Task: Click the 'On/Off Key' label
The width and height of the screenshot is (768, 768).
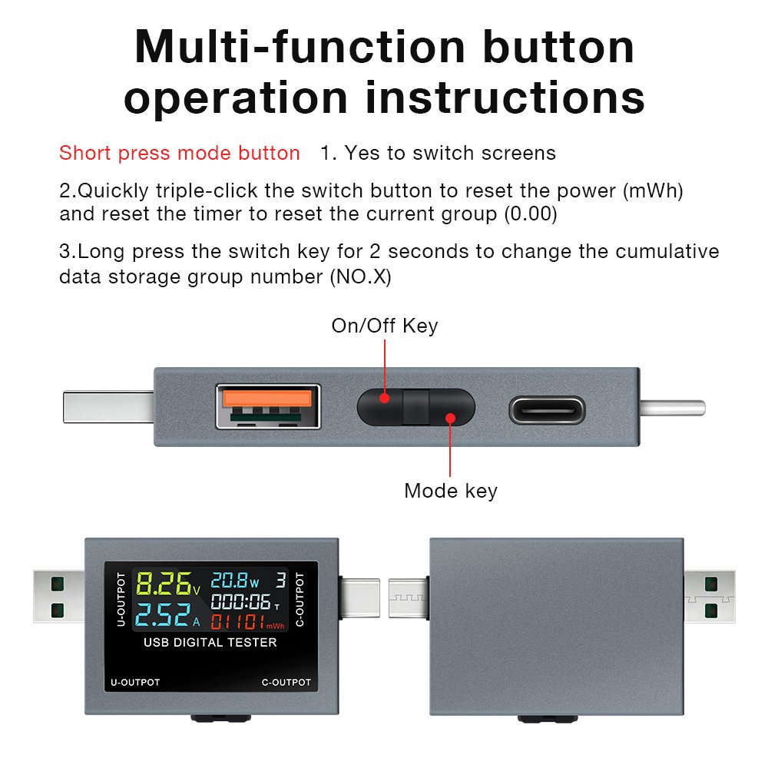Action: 385,326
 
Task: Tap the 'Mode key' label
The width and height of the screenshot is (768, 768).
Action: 451,491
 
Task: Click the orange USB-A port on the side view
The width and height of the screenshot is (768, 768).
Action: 268,406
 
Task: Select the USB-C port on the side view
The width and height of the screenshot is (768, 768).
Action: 547,410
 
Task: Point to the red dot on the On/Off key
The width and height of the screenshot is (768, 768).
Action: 385,398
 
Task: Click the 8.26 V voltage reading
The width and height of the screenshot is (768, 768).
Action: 168,584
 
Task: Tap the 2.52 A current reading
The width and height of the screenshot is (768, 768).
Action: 167,615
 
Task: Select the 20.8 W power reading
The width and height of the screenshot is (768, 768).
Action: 234,581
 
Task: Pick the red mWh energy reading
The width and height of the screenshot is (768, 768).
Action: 247,622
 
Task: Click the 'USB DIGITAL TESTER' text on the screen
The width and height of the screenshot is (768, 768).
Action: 210,643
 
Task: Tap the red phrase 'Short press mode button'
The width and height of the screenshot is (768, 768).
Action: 179,154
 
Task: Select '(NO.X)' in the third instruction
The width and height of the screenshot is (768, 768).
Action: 360,277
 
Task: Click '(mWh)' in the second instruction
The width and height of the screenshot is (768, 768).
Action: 653,191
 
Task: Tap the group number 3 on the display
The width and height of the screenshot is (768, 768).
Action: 280,581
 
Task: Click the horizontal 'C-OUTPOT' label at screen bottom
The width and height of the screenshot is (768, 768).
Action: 286,682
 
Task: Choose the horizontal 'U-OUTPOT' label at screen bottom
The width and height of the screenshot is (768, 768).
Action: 135,682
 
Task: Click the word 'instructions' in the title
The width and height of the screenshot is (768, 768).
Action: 505,98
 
